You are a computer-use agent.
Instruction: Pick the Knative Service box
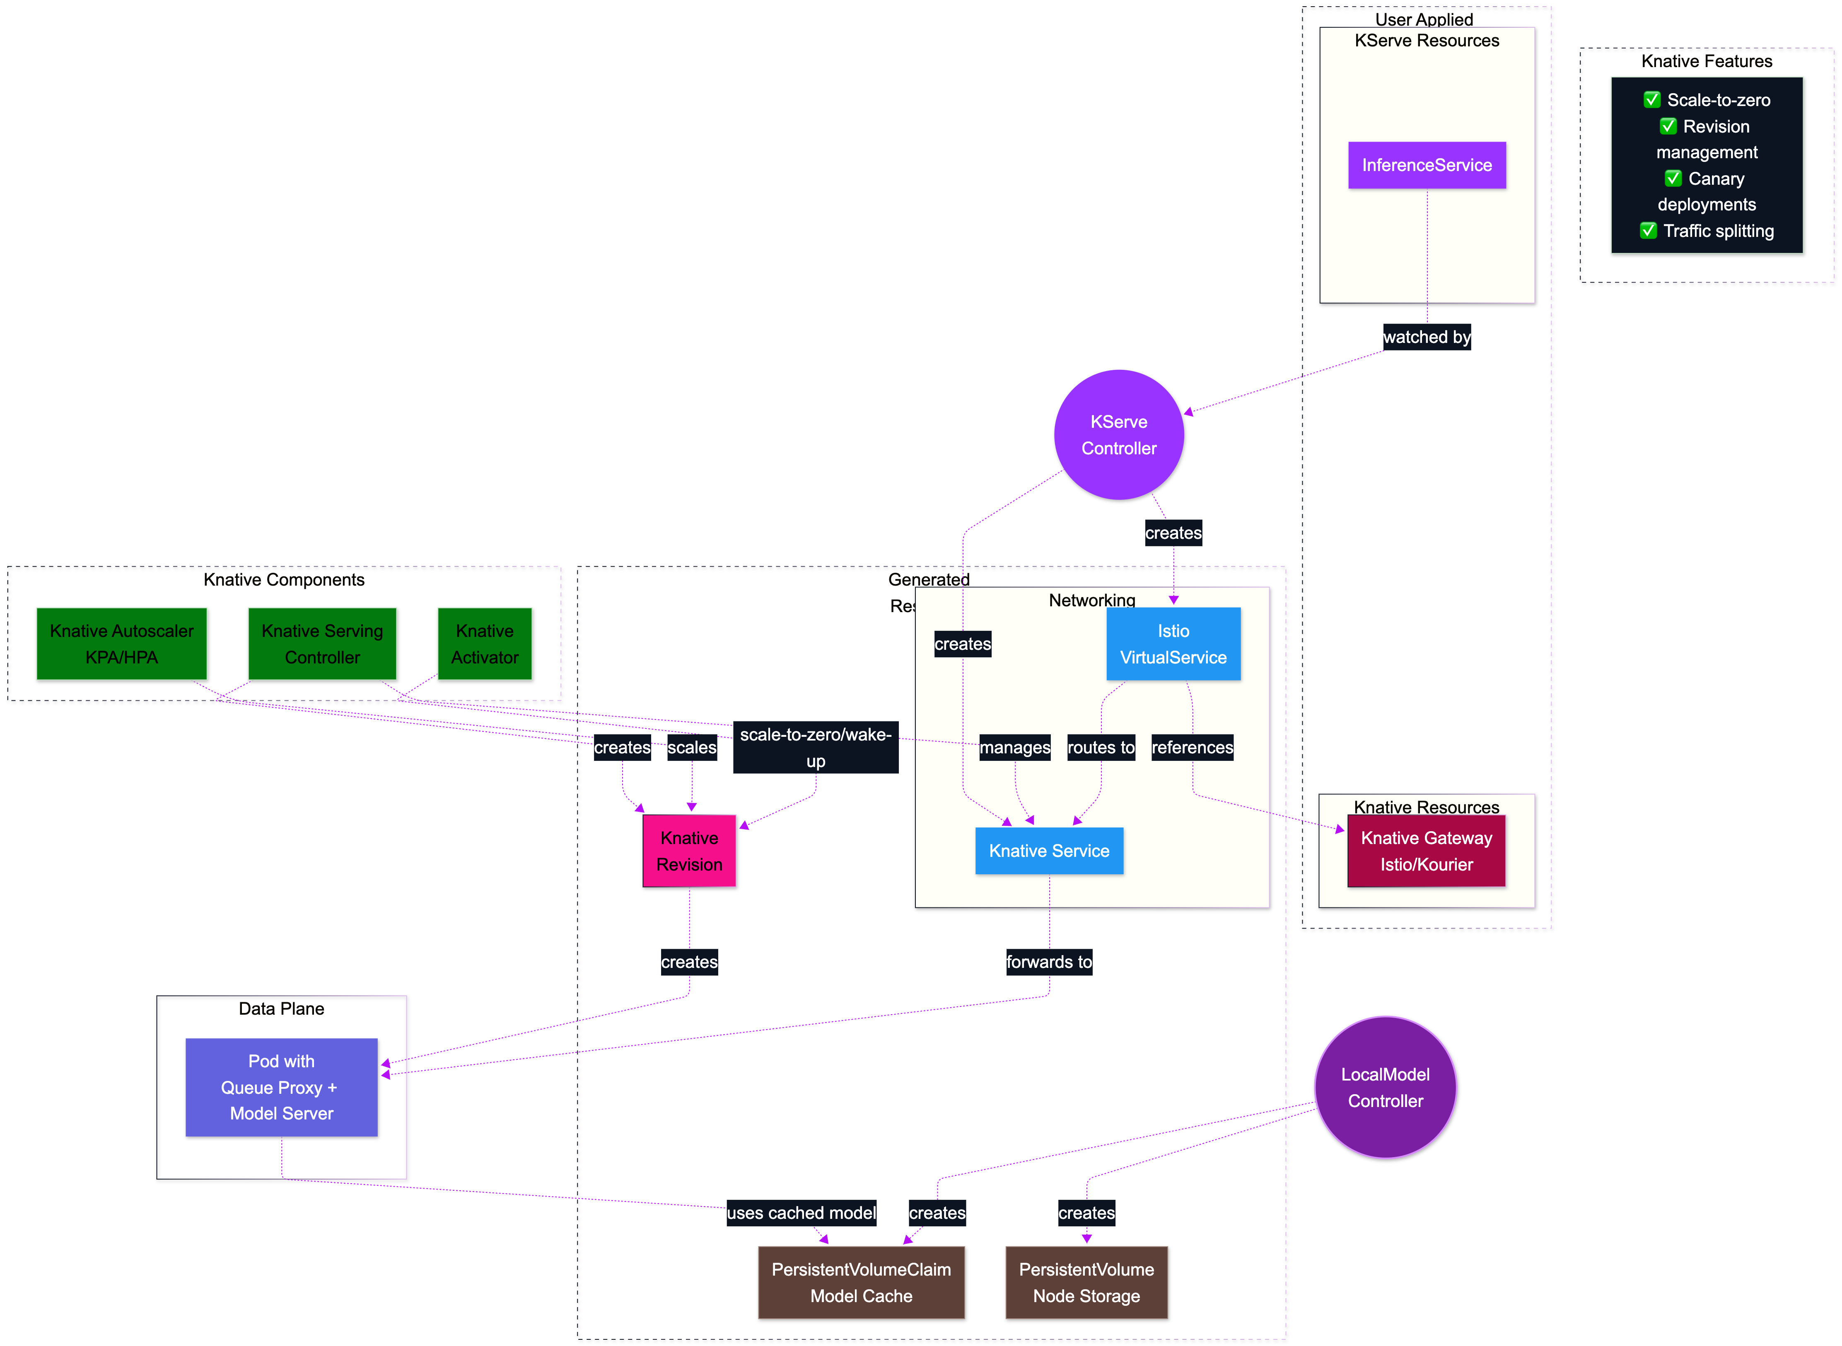(1048, 851)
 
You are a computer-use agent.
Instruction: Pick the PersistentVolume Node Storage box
(1086, 1283)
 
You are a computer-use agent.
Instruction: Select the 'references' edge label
(1191, 747)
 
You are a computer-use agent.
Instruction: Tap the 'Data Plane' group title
(281, 1009)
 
